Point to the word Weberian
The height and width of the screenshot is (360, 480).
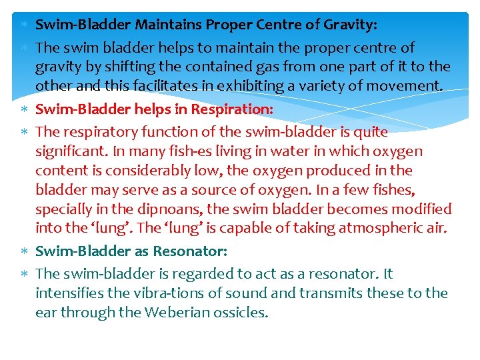click(x=175, y=312)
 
